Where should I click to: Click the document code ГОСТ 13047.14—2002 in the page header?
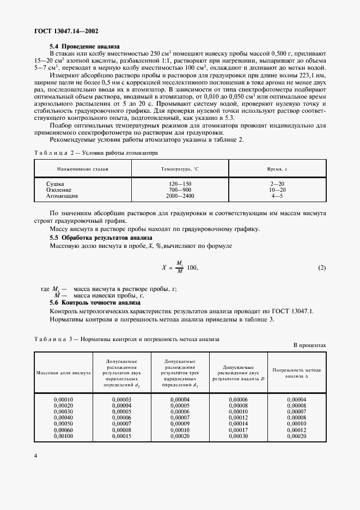click(x=63, y=32)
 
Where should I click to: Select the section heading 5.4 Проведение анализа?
click(x=84, y=46)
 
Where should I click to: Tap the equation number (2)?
click(x=321, y=268)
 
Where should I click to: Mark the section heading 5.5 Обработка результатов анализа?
click(x=97, y=238)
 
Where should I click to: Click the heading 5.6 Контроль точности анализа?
click(x=88, y=302)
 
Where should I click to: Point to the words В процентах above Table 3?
click(x=309, y=345)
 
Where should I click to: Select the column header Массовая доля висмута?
click(x=63, y=373)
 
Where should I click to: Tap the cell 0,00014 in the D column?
click(x=238, y=424)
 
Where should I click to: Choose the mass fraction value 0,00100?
click(x=63, y=436)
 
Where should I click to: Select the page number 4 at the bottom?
click(x=35, y=471)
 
